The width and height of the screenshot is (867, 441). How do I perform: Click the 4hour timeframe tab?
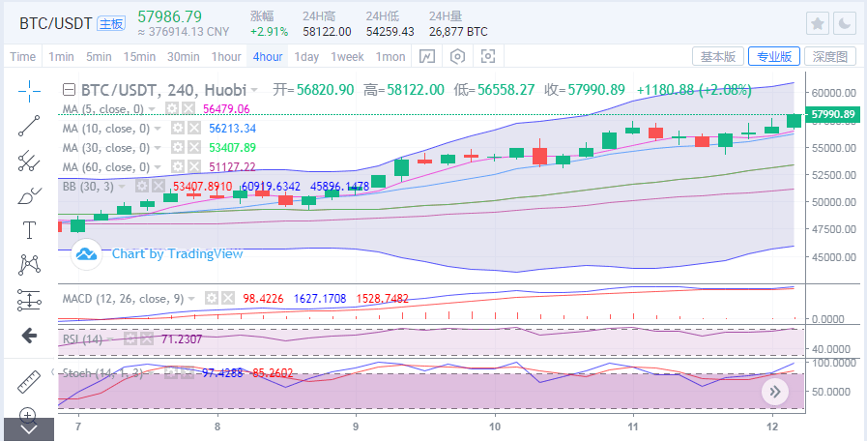pyautogui.click(x=268, y=56)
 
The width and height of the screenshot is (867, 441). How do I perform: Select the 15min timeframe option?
pyautogui.click(x=139, y=56)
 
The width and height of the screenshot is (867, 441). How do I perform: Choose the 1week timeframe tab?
pyautogui.click(x=347, y=56)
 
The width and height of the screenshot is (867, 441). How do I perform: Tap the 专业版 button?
pyautogui.click(x=773, y=56)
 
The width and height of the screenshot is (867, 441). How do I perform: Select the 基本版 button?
pyautogui.click(x=718, y=56)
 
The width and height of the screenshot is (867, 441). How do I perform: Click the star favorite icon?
pyautogui.click(x=817, y=22)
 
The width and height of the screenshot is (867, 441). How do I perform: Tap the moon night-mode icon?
pyautogui.click(x=845, y=22)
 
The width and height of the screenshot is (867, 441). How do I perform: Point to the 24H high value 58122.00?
pyautogui.click(x=327, y=32)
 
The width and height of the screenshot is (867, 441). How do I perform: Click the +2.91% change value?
pyautogui.click(x=268, y=32)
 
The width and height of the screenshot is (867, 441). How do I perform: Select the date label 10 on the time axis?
pyautogui.click(x=495, y=426)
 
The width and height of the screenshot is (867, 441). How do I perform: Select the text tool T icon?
pyautogui.click(x=29, y=229)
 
